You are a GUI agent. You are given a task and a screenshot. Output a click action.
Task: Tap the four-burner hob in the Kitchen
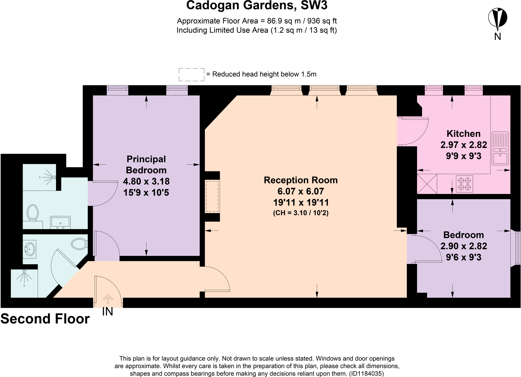464,184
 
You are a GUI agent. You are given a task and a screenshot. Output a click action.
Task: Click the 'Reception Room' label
301,180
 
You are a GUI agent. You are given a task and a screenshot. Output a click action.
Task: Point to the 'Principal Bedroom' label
146,165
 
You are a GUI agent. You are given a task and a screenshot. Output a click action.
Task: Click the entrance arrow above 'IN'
108,299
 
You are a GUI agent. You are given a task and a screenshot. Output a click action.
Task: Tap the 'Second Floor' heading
45,319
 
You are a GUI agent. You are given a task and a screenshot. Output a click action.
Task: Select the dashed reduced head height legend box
192,75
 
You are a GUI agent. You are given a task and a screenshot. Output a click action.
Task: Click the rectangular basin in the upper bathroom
60,223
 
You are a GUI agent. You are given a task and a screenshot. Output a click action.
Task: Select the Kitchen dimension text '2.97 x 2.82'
464,145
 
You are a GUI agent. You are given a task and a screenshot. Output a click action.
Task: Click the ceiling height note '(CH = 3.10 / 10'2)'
301,213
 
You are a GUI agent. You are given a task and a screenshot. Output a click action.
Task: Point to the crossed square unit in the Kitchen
427,184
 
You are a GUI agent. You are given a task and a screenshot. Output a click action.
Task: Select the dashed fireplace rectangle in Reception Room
212,196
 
